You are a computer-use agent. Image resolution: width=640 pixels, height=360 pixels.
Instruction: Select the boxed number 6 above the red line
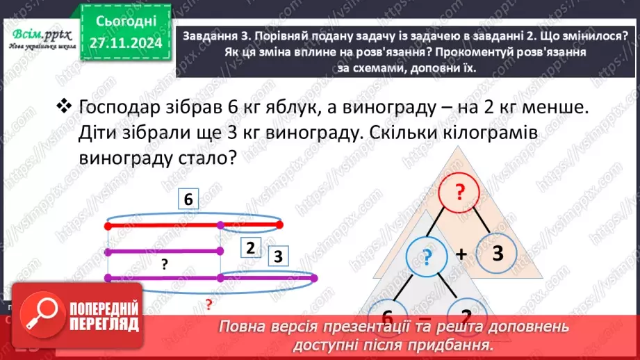pos(188,200)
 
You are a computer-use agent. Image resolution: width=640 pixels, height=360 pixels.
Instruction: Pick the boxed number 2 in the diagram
pos(251,246)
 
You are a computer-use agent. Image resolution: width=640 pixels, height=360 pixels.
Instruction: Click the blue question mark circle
pos(427,259)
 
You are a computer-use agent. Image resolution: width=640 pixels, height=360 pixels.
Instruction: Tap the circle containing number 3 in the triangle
pos(497,254)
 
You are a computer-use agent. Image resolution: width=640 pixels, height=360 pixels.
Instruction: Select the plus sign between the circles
pos(461,255)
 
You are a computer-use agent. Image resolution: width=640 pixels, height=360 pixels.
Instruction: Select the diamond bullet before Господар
pos(64,106)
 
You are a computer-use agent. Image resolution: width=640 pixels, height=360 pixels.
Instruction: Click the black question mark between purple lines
pos(165,263)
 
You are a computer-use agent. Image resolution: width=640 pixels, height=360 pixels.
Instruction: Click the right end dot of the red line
pos(280,224)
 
